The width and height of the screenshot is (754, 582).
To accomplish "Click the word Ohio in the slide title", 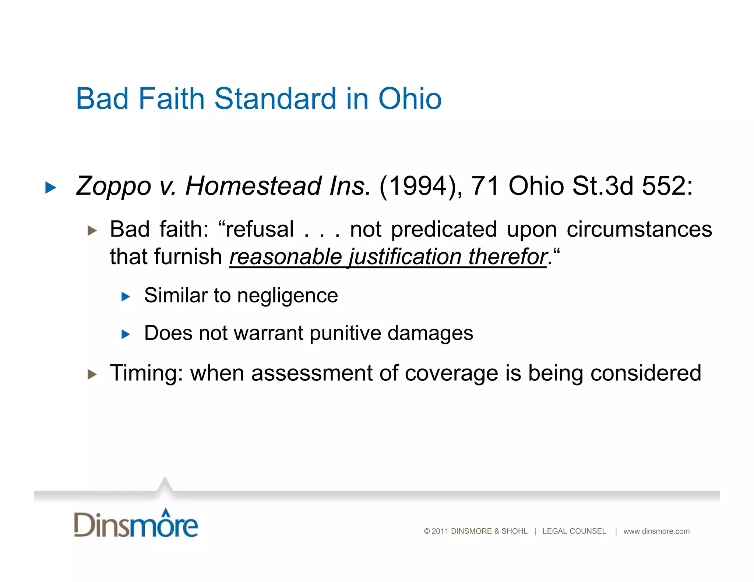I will click(x=410, y=99).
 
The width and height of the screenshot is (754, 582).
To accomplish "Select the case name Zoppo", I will click(x=113, y=186).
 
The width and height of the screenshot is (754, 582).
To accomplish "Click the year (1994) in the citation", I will click(x=418, y=186).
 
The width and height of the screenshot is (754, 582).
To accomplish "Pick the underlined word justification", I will click(x=405, y=257).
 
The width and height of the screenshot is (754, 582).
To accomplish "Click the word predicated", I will click(x=444, y=230).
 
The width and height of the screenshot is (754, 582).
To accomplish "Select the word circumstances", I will click(x=639, y=230).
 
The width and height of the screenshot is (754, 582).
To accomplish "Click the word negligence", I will click(x=288, y=296).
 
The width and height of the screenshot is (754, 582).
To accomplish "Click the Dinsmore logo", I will click(x=136, y=524).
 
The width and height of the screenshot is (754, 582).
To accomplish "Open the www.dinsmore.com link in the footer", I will click(x=656, y=531).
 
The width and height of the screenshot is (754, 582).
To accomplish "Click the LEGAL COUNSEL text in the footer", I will click(x=574, y=531).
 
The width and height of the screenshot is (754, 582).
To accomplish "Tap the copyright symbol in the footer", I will click(x=427, y=531).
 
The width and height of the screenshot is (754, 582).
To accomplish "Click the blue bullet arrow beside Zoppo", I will click(x=50, y=188).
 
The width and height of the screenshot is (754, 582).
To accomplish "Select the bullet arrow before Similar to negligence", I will click(x=126, y=297).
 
